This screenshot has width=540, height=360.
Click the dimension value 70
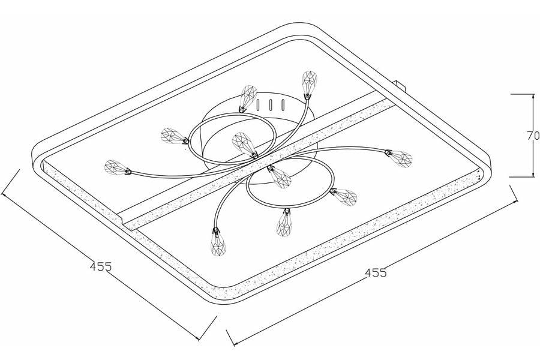tap(533, 136)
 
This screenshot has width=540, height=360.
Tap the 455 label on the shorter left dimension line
tap(101, 266)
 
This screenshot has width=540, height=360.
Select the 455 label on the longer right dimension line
tap(376, 273)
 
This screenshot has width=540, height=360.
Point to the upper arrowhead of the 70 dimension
tap(530, 97)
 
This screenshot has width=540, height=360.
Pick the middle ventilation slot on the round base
tap(271, 105)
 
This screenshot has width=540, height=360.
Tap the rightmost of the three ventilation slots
tap(283, 105)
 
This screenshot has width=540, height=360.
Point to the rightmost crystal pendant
tap(399, 158)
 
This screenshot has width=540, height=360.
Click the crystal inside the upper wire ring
tap(245, 145)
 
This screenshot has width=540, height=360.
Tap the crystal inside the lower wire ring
tap(280, 176)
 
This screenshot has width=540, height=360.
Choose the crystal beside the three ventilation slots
tap(248, 98)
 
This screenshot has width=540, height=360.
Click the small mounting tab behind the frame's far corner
tap(400, 85)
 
